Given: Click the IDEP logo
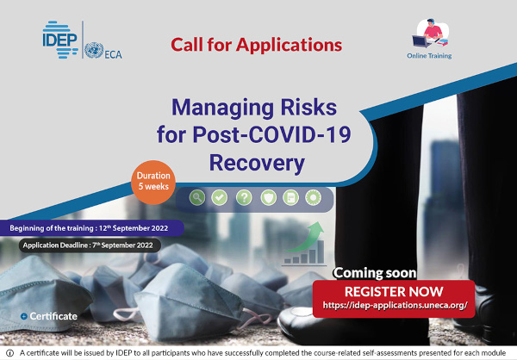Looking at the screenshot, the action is tap(60, 40).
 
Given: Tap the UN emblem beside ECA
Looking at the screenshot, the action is tap(94, 50).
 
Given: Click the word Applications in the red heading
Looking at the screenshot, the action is tap(289, 45).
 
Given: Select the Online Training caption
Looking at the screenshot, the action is tap(429, 56).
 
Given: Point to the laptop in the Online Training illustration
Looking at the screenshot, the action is tap(421, 41).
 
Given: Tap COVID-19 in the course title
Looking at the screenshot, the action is tap(299, 134).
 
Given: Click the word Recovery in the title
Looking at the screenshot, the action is tap(257, 163).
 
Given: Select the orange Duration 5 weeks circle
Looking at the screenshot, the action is tap(153, 183).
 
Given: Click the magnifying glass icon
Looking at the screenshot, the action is tap(197, 197).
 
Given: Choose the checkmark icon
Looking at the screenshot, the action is tap(219, 197).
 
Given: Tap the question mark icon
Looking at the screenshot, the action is tap(244, 197).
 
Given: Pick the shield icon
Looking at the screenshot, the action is tap(268, 197).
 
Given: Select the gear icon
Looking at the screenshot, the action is tap(313, 197).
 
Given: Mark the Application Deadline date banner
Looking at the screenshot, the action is tap(90, 245).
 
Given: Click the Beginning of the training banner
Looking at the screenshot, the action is tap(90, 228).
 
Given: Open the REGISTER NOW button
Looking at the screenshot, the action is tap(394, 299).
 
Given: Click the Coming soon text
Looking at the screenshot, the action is tap(375, 273).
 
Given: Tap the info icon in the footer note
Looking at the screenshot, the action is tap(9, 353).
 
